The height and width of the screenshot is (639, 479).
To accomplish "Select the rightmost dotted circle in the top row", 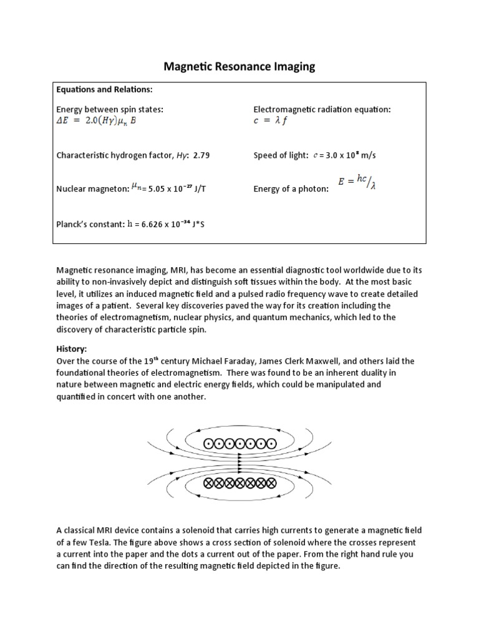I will tap(270, 444).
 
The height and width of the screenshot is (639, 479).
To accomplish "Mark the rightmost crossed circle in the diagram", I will tap(270, 483).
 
